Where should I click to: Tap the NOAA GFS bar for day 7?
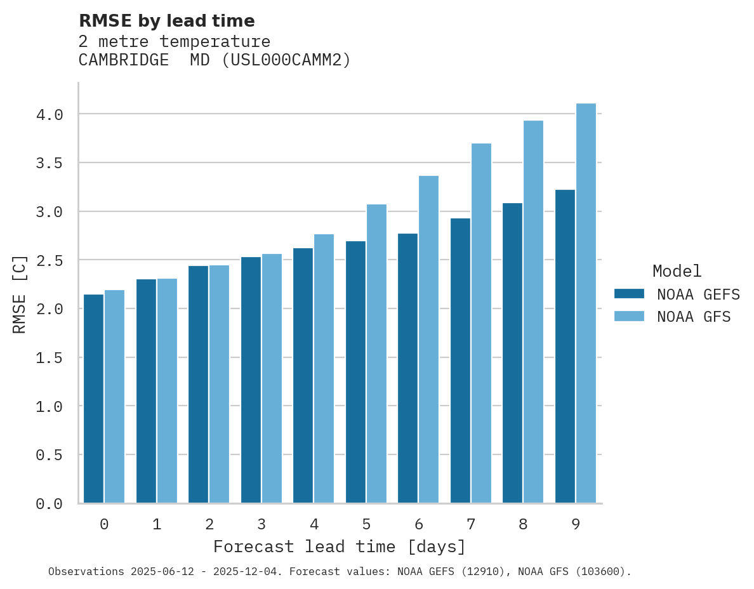(481, 324)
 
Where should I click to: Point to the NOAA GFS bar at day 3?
(272, 378)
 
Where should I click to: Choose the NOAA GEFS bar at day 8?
(512, 353)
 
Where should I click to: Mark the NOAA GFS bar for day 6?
(428, 339)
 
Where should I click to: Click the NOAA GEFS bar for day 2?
(198, 384)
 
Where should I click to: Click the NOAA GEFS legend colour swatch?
(629, 294)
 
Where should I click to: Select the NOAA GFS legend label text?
(694, 317)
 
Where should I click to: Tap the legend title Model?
(677, 271)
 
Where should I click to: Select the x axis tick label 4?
(314, 524)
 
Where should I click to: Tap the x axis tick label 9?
(576, 524)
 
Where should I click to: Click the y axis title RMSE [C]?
(20, 294)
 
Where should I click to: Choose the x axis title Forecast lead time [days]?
(340, 546)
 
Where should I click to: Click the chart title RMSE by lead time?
(166, 21)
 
